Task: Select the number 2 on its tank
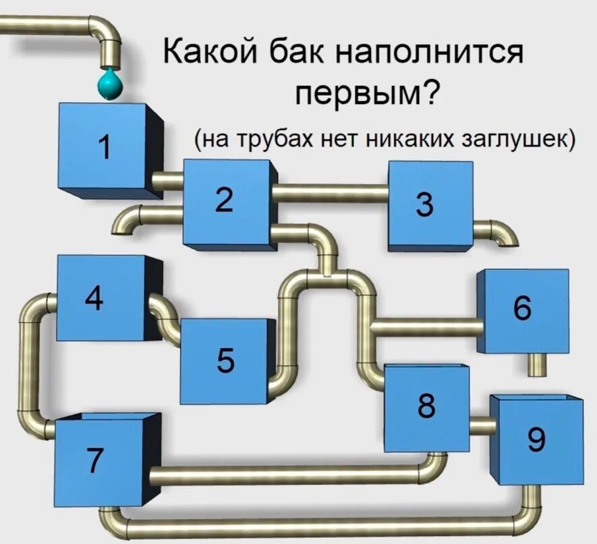click(x=225, y=198)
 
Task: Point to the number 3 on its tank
click(x=424, y=205)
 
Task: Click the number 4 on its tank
click(x=94, y=298)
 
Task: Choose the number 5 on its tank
click(x=226, y=360)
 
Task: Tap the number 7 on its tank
click(x=96, y=460)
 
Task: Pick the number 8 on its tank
click(x=426, y=405)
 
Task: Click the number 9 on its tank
click(x=536, y=439)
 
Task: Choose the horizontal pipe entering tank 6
click(x=425, y=328)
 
